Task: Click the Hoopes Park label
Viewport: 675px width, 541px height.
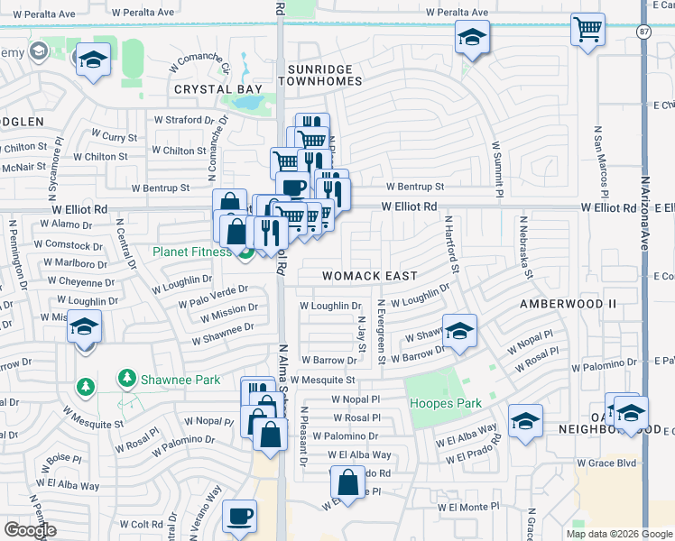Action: click(x=445, y=403)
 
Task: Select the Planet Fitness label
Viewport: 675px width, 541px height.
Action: click(x=191, y=252)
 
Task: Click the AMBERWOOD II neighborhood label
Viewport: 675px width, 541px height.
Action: click(x=568, y=304)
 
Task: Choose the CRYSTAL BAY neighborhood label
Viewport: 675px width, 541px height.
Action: click(x=217, y=89)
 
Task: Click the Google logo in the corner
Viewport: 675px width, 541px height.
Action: click(x=30, y=530)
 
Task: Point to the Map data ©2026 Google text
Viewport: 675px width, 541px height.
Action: click(x=618, y=534)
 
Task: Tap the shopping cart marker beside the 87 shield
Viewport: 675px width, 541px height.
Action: click(x=587, y=30)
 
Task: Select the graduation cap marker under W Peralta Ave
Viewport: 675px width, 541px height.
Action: click(x=472, y=38)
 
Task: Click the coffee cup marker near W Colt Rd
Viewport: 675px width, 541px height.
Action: click(x=239, y=516)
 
